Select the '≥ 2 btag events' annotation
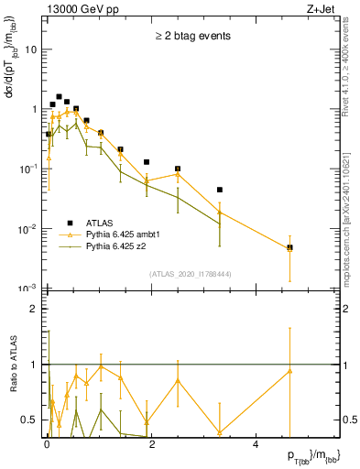tap(191, 37)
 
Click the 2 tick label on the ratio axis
tap(33, 309)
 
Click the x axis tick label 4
tap(256, 446)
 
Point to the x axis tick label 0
tap(47, 446)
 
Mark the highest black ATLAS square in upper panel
tap(59, 96)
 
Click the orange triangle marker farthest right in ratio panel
tap(289, 371)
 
